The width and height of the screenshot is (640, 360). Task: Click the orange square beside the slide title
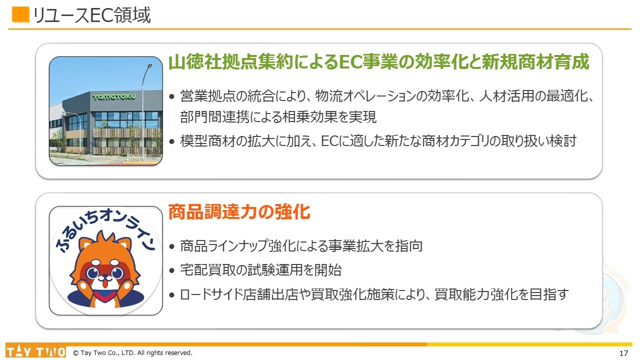20,14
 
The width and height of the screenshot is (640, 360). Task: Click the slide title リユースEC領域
91,15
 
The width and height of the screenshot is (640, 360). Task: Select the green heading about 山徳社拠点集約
379,61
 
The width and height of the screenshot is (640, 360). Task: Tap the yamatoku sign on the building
114,96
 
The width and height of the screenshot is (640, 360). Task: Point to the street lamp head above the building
149,66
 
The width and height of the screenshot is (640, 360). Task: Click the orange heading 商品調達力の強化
239,211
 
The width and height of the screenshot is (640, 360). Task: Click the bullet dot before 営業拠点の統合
171,96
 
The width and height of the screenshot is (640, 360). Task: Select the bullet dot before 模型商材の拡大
171,141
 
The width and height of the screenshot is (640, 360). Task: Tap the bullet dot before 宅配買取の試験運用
171,270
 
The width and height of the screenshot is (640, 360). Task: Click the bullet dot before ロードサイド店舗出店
171,295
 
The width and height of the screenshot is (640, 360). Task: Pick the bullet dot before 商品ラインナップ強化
171,246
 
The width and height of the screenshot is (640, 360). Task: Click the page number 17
623,353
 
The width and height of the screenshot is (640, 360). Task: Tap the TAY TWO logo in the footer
35,351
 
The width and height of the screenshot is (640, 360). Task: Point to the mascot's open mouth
105,283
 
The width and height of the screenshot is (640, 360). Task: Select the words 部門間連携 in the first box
215,116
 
